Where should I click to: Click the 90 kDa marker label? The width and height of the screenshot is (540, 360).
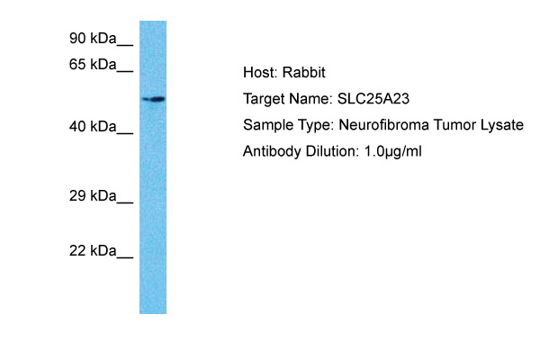point(93,38)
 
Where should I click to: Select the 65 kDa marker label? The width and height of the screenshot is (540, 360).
point(93,65)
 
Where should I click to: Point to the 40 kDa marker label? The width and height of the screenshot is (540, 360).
point(93,127)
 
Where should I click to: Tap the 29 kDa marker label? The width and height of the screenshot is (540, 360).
point(93,196)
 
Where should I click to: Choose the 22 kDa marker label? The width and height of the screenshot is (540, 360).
point(93,251)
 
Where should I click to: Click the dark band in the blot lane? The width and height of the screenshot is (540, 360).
point(154,100)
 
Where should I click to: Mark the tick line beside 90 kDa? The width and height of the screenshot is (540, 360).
point(125,45)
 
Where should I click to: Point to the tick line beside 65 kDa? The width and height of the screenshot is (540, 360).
point(125,71)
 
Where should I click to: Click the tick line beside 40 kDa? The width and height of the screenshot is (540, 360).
point(125,133)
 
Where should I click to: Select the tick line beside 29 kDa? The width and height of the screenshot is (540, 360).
point(125,202)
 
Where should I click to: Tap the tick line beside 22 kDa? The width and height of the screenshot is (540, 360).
point(125,257)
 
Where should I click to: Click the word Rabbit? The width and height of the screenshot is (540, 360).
point(304,73)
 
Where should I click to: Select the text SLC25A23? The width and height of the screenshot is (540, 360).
point(373,99)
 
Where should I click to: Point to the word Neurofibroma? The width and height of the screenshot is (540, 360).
point(384,125)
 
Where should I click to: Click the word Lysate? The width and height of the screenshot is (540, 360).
point(502,125)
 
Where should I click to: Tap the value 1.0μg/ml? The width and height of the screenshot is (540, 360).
point(393,152)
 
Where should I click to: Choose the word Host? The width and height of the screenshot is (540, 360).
point(260,73)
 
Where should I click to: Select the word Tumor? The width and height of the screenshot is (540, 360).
point(454,125)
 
